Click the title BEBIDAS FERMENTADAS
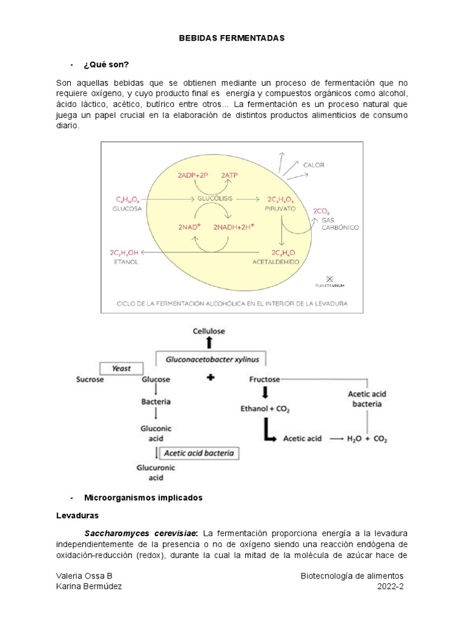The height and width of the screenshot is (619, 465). (x=232, y=37)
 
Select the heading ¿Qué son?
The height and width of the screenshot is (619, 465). (x=107, y=65)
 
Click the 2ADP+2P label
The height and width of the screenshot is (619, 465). (x=193, y=175)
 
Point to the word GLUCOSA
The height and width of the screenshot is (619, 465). (x=127, y=209)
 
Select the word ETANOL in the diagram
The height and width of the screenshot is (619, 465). (x=125, y=262)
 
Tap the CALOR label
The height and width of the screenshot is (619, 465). (x=314, y=164)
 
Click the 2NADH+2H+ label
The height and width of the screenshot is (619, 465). (x=234, y=227)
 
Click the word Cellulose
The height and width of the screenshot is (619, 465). (x=209, y=331)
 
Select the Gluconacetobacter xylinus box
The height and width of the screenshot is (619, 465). (x=212, y=359)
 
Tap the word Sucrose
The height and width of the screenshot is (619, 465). (x=90, y=380)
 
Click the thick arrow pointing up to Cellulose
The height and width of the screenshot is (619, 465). (x=209, y=343)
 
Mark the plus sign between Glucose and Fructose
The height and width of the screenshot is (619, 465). (x=211, y=378)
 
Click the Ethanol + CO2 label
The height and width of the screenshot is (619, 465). (x=265, y=409)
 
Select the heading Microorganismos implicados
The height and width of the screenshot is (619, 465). (x=143, y=497)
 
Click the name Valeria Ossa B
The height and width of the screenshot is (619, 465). (x=84, y=575)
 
